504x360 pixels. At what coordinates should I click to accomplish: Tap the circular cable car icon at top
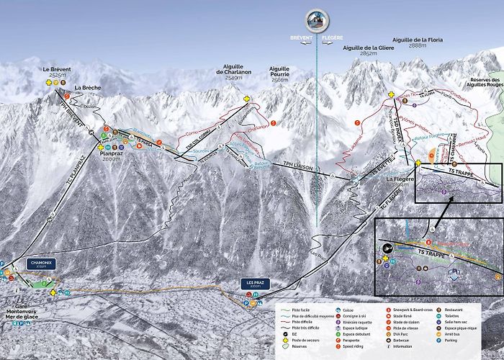[x=316, y=19]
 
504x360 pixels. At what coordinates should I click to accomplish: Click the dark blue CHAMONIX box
[x=42, y=264]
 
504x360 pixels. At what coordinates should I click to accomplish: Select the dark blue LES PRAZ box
[x=256, y=283]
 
